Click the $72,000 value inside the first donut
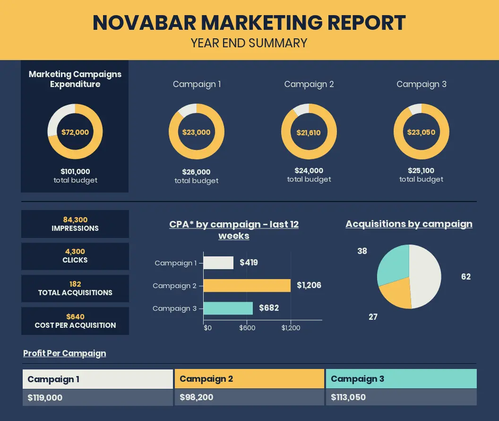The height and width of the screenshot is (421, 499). click(x=75, y=132)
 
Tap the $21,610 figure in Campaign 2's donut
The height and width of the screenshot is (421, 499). click(x=309, y=132)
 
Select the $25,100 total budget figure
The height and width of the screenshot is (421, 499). click(x=421, y=171)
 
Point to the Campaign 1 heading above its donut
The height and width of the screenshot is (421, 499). click(x=197, y=84)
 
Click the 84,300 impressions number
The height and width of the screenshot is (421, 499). click(x=75, y=220)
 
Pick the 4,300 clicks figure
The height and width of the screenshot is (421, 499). click(x=75, y=252)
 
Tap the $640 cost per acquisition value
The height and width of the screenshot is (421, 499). click(x=76, y=316)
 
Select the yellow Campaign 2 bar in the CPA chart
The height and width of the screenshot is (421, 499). click(x=247, y=285)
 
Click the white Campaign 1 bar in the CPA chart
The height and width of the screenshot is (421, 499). click(x=218, y=263)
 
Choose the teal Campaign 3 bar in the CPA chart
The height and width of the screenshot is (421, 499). click(x=228, y=308)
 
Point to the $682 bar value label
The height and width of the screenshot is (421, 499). click(x=269, y=308)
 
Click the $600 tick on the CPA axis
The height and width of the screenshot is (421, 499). click(x=247, y=328)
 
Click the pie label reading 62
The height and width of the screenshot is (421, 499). click(x=466, y=276)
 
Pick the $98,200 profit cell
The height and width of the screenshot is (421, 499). click(x=249, y=397)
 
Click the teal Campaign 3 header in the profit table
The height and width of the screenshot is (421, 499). click(x=401, y=378)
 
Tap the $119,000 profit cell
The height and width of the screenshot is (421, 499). click(x=98, y=397)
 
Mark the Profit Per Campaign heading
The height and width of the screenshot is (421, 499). click(x=65, y=353)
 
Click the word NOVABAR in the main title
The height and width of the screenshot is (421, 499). click(x=144, y=23)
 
